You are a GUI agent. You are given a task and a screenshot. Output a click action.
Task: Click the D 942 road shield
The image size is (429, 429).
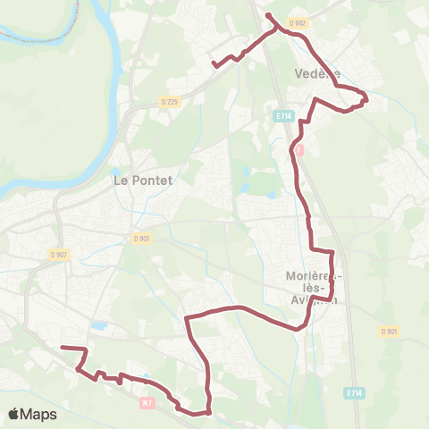[x=299, y=22]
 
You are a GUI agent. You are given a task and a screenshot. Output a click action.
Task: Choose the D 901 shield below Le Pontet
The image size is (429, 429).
[x=141, y=238]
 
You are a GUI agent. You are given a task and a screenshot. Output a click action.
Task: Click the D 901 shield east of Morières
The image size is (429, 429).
[x=389, y=332]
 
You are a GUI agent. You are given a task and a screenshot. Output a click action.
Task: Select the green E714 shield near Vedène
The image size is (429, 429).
[x=283, y=116]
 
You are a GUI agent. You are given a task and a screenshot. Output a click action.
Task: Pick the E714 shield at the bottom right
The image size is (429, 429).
[x=354, y=392]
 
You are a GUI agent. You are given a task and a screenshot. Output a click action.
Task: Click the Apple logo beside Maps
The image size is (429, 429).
[x=15, y=414]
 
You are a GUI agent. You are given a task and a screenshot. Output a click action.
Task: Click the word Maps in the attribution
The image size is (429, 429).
[x=39, y=414]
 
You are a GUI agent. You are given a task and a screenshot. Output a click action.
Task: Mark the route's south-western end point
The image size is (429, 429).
[x=62, y=347]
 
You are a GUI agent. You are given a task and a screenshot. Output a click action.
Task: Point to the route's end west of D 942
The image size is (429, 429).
[x=213, y=64]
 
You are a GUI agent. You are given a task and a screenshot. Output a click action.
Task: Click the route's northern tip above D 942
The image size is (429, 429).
[x=268, y=15]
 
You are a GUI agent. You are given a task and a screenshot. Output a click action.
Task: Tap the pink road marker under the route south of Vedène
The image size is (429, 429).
[x=299, y=150]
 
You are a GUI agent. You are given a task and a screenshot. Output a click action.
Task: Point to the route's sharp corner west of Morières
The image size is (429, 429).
[x=186, y=316]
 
